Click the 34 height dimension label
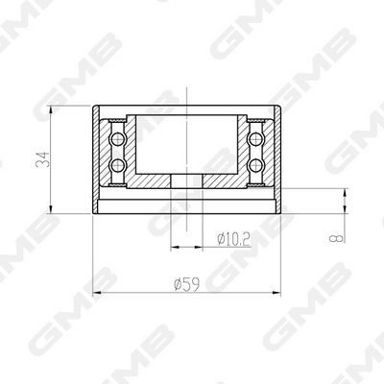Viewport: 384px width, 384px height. pyautogui.click(x=43, y=159)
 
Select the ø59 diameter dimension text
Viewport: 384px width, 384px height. pyautogui.click(x=187, y=284)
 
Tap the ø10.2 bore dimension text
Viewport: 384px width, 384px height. pyautogui.click(x=233, y=239)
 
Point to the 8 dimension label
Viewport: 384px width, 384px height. pyautogui.click(x=338, y=238)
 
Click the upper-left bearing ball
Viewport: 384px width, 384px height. pyautogui.click(x=117, y=139)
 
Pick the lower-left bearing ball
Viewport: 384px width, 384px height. pyautogui.click(x=117, y=165)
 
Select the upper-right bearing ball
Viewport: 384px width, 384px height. pyautogui.click(x=255, y=139)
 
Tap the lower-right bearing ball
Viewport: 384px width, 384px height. pyautogui.click(x=255, y=165)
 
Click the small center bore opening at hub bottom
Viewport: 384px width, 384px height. pyautogui.click(x=186, y=181)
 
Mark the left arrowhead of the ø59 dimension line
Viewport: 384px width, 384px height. pyautogui.click(x=97, y=293)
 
